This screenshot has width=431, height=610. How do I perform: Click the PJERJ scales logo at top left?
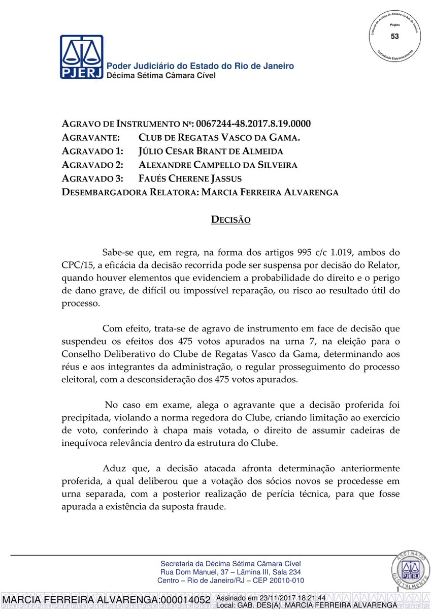tap(81, 57)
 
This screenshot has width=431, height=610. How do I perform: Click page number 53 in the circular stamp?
tap(395, 36)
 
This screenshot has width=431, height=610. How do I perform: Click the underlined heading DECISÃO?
tap(231, 220)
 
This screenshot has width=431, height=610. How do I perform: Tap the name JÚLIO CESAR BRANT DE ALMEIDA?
tap(211, 151)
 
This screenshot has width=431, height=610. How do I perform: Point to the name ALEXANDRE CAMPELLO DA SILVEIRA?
tap(218, 165)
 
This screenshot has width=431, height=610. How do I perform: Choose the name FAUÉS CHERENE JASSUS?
tap(190, 178)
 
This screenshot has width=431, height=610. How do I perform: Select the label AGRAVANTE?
tap(90, 138)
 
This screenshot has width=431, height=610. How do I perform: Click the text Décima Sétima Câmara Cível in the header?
tap(160, 75)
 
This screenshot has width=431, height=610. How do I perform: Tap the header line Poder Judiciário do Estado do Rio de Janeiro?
tap(200, 66)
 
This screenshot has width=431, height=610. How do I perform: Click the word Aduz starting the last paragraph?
tap(114, 468)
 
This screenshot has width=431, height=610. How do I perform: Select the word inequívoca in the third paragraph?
tap(84, 443)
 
